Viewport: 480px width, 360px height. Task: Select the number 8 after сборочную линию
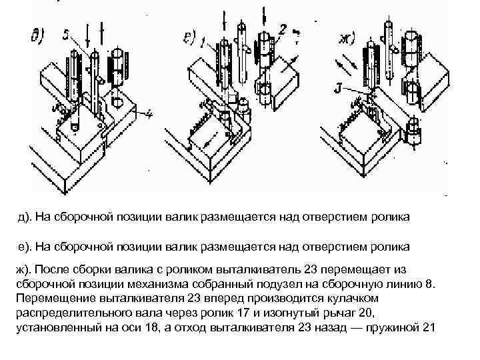coord(429,283)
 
